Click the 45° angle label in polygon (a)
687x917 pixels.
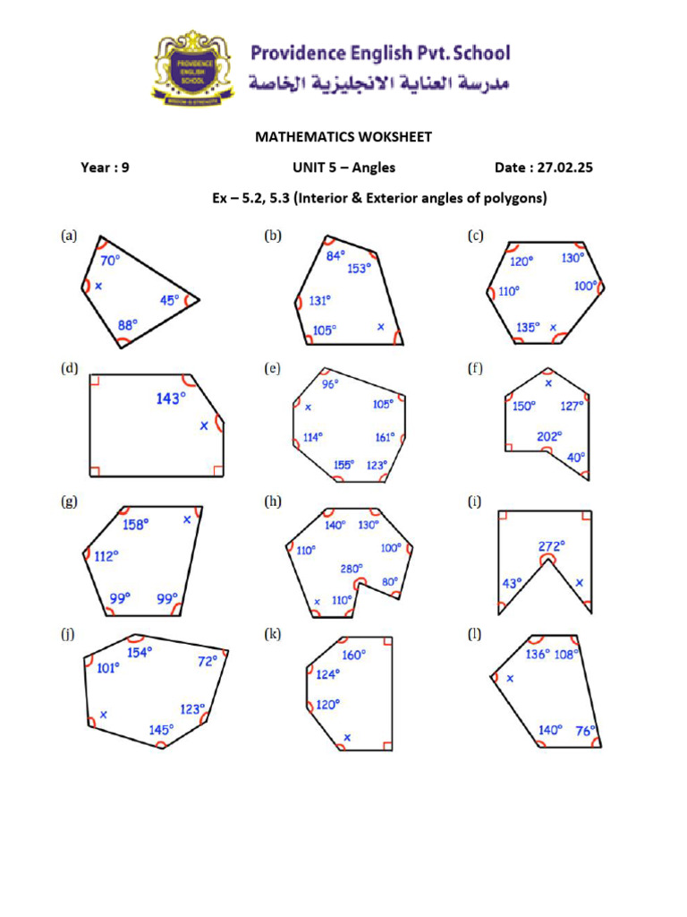coord(168,300)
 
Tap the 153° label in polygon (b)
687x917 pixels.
coord(360,268)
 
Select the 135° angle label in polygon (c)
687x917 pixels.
coord(528,328)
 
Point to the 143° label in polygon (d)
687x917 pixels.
coord(171,399)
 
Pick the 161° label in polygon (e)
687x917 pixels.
coord(384,438)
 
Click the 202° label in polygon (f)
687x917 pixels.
coord(549,436)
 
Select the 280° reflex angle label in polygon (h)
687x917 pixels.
coord(352,569)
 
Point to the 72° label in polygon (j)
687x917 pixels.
coord(208,662)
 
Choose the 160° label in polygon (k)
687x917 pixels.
coord(353,655)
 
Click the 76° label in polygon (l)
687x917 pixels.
coord(585,730)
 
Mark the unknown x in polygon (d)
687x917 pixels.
coord(204,426)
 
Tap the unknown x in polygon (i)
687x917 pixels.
coord(579,583)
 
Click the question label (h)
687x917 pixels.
coord(273,503)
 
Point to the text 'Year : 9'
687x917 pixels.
coord(105,167)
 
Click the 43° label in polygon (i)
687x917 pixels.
coord(512,583)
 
